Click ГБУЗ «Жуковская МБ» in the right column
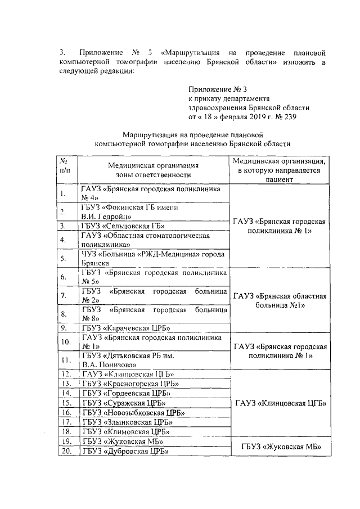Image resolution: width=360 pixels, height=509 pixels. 280,446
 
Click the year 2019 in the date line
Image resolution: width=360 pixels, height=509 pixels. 252,117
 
